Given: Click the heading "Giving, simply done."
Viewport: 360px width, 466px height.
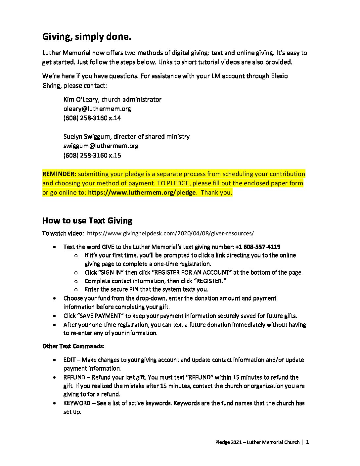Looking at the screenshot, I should tap(87, 37).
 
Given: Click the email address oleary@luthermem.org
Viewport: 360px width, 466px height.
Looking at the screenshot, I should tap(97, 109).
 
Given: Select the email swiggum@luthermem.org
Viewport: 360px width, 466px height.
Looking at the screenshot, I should tap(101, 146).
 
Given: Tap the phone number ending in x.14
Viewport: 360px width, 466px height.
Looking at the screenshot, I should tap(92, 118).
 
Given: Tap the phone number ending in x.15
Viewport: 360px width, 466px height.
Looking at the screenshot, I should tap(92, 156).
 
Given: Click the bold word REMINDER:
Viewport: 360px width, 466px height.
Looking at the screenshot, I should tap(59, 174).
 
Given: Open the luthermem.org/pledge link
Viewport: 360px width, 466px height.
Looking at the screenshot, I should tap(142, 193).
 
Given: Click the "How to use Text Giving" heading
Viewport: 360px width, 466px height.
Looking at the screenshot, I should tap(87, 221).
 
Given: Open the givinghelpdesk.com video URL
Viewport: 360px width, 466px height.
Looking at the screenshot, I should tap(170, 233).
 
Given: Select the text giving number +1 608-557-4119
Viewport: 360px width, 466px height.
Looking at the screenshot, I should tap(258, 247).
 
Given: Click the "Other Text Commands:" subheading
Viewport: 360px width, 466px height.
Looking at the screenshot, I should tap(73, 346).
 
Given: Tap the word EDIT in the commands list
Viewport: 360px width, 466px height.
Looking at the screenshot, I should tap(69, 360).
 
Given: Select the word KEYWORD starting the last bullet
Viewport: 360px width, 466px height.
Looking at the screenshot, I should tap(77, 403).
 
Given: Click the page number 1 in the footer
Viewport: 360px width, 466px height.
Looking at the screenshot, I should tap(308, 442).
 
